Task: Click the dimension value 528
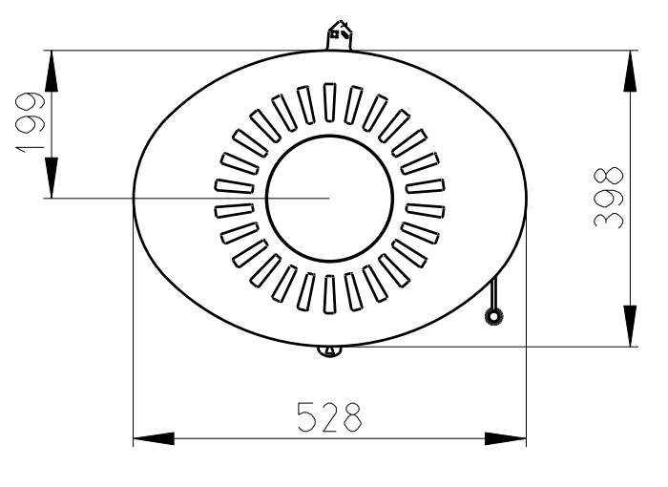click(329, 416)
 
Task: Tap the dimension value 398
click(609, 197)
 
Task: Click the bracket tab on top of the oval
click(340, 35)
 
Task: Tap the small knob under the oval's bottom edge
click(330, 351)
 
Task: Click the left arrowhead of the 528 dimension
click(154, 438)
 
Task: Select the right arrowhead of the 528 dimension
click(506, 438)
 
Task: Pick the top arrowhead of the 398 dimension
click(630, 71)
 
